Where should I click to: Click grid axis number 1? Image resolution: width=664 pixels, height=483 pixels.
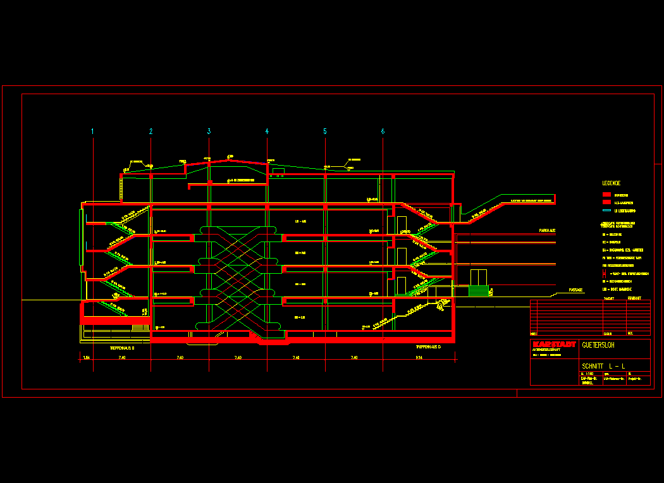(92, 131)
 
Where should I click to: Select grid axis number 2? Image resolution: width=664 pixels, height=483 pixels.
(151, 131)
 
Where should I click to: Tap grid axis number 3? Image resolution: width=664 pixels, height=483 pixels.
(209, 131)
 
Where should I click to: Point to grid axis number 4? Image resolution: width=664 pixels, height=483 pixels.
(267, 131)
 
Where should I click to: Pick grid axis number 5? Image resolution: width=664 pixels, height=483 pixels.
(325, 131)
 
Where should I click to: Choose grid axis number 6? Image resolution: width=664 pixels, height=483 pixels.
(383, 131)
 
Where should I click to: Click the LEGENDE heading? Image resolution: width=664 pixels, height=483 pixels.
(611, 183)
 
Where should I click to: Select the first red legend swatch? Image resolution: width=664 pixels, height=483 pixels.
(605, 195)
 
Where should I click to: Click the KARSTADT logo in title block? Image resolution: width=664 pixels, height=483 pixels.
(555, 345)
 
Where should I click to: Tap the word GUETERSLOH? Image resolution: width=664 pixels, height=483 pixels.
(598, 345)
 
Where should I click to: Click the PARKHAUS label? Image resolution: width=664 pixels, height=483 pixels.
(547, 231)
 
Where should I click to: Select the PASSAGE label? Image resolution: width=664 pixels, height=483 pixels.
(575, 290)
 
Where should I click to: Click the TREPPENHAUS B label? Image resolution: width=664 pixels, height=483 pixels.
(122, 348)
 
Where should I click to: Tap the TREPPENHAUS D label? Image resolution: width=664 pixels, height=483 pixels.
(428, 348)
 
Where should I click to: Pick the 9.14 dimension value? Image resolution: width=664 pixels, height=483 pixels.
(419, 358)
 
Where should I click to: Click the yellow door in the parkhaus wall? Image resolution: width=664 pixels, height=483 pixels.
(479, 278)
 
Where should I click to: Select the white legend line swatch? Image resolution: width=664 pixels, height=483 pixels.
(605, 210)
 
